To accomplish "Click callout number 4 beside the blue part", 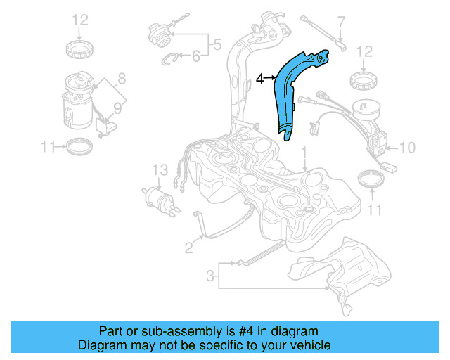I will [x=259, y=79].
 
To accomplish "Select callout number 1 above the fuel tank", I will [x=304, y=152].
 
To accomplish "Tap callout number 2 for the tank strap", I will [x=188, y=246].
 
